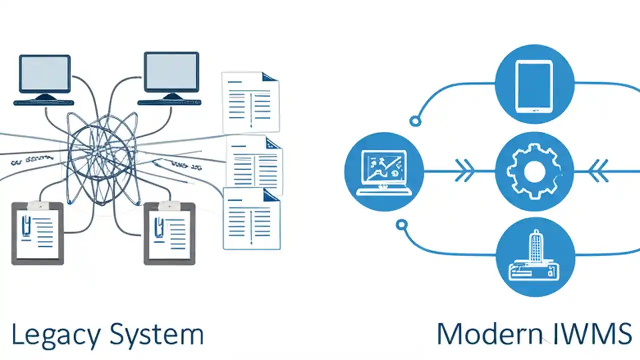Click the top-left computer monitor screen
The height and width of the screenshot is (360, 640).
click(44, 73)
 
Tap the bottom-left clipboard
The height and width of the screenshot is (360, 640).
click(37, 232)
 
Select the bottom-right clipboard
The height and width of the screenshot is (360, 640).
click(170, 232)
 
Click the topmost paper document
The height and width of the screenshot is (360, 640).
click(250, 102)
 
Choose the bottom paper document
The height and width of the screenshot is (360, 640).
click(251, 218)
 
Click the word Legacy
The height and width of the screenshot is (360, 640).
click(55, 335)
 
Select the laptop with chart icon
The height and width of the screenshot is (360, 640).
click(384, 171)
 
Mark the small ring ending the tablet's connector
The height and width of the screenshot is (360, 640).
click(414, 120)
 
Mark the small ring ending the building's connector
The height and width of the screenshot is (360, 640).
click(401, 225)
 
